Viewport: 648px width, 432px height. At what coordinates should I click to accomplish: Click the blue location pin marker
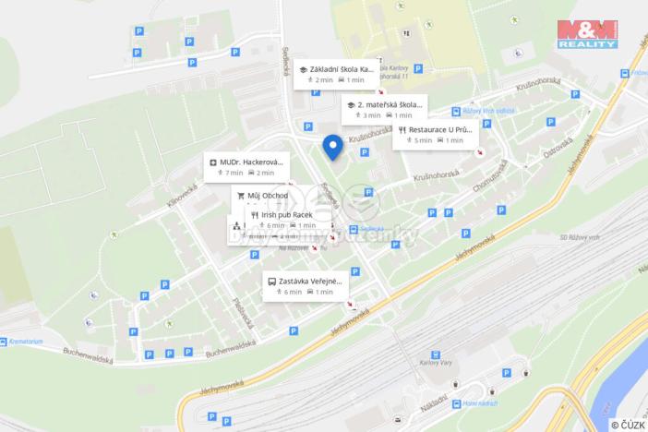point(332,146)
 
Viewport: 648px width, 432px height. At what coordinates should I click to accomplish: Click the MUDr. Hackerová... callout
point(246,166)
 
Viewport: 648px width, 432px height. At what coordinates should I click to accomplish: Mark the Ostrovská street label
point(558,147)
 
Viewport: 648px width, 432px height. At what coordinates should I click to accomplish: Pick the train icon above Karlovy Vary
point(435,354)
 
